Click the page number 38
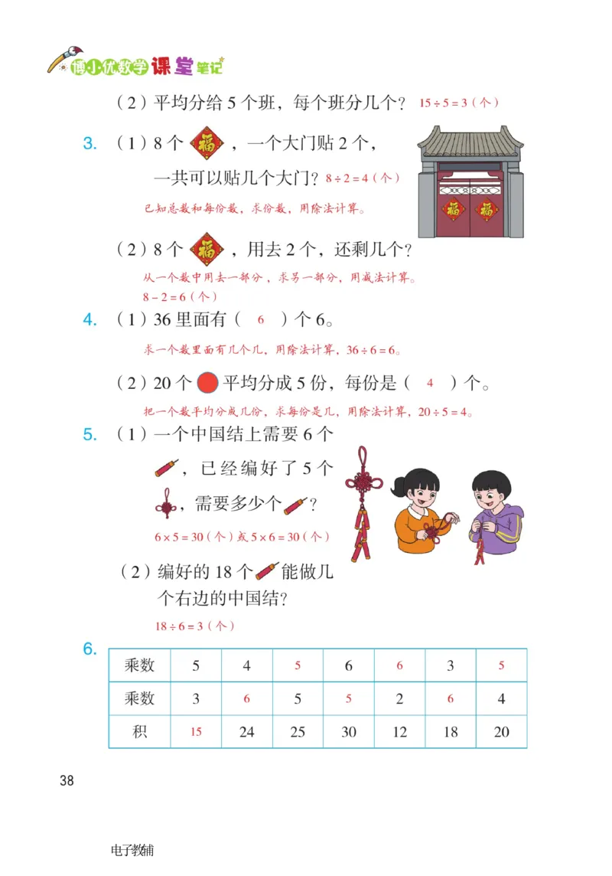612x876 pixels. pyautogui.click(x=67, y=780)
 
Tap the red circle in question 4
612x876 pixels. pyautogui.click(x=207, y=381)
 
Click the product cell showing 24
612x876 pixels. pyautogui.click(x=246, y=732)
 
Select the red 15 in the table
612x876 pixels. pyautogui.click(x=196, y=732)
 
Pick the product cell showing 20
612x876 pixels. pyautogui.click(x=501, y=732)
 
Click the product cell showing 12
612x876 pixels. pyautogui.click(x=399, y=732)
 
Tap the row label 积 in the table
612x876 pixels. pyautogui.click(x=139, y=732)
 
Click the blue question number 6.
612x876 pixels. pyautogui.click(x=90, y=649)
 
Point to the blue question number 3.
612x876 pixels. pyautogui.click(x=90, y=143)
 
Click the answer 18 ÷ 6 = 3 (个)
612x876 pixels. pyautogui.click(x=194, y=626)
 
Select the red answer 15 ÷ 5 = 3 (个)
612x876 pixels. pyautogui.click(x=459, y=103)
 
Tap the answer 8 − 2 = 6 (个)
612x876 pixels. pyautogui.click(x=180, y=296)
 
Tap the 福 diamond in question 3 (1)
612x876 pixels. pyautogui.click(x=207, y=143)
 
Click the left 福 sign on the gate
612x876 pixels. pyautogui.click(x=454, y=209)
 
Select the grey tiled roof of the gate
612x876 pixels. pyautogui.click(x=470, y=145)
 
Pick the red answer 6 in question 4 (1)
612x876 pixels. pyautogui.click(x=260, y=320)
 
